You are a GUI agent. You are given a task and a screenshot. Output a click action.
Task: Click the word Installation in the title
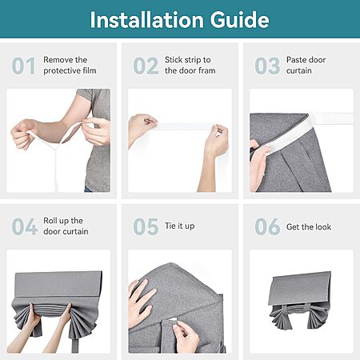click(x=146, y=20)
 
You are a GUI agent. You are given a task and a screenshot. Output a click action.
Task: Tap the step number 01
click(x=23, y=66)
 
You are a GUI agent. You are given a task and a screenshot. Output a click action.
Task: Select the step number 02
click(x=146, y=66)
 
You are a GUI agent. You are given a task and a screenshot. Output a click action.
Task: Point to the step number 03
click(x=267, y=66)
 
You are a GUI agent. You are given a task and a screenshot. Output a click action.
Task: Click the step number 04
click(x=24, y=226)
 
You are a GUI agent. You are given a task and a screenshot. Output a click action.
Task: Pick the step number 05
click(x=146, y=226)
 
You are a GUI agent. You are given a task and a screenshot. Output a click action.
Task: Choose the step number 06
click(x=267, y=226)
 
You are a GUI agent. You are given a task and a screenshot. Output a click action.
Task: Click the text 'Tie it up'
click(x=179, y=226)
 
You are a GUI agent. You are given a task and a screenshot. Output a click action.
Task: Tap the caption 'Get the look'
click(x=309, y=227)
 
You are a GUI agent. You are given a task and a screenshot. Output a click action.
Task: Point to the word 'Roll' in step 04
click(x=50, y=221)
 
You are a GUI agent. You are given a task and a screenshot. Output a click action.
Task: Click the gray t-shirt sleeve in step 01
click(x=86, y=95)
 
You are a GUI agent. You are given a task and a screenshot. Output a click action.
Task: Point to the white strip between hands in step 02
click(x=185, y=126)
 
